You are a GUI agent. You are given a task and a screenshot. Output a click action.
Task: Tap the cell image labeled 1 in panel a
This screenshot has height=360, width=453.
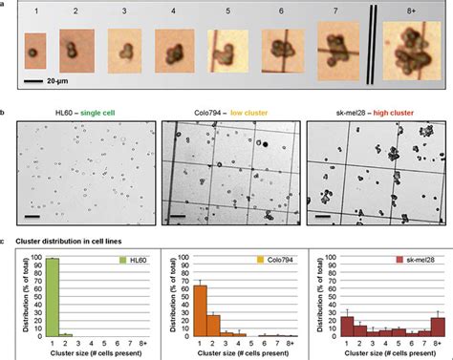pos(34,46)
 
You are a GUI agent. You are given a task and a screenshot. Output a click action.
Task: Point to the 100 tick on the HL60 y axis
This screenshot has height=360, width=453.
pos(35,257)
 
